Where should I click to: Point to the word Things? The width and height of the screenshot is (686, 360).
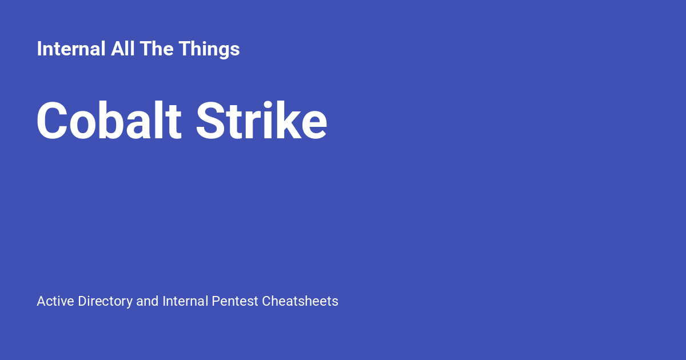(x=209, y=50)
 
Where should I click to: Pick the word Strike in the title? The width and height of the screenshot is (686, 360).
(x=261, y=121)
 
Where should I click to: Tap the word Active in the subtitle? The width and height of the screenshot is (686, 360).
(x=55, y=301)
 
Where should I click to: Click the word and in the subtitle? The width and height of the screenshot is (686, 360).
(x=147, y=301)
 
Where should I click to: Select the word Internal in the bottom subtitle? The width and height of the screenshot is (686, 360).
(x=185, y=301)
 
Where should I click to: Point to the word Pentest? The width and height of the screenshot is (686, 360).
(x=234, y=301)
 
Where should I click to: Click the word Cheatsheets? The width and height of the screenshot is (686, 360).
(x=300, y=301)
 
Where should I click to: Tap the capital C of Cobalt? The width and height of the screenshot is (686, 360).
(x=53, y=121)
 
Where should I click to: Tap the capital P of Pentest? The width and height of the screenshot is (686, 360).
(x=216, y=301)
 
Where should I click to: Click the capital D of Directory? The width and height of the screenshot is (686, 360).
(x=82, y=301)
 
